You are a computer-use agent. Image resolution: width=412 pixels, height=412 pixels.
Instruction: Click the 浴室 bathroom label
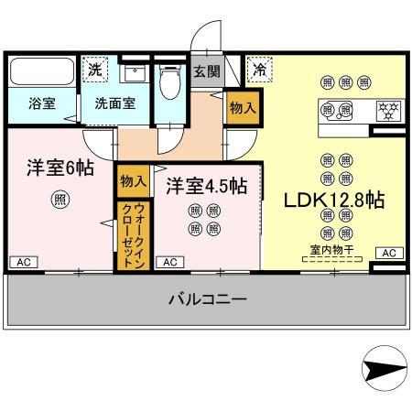[40, 103]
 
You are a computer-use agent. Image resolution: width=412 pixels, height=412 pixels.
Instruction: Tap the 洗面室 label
[115, 103]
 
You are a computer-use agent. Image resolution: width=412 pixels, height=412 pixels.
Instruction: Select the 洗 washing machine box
[95, 69]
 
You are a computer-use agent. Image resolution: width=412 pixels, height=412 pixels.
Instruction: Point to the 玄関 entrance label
[206, 71]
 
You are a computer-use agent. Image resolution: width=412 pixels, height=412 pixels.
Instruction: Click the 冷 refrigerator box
[260, 69]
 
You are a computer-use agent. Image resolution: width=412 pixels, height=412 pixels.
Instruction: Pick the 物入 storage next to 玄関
[242, 108]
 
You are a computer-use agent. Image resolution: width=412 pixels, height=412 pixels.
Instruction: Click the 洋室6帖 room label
[60, 169]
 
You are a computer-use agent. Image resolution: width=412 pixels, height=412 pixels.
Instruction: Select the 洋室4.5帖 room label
[206, 185]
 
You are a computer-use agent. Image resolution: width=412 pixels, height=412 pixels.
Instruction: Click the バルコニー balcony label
[207, 298]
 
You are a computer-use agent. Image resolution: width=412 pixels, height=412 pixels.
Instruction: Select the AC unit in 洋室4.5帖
[168, 263]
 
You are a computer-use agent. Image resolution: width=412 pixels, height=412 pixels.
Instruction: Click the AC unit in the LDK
[386, 253]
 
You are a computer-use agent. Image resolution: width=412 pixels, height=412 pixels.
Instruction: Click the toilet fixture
[168, 84]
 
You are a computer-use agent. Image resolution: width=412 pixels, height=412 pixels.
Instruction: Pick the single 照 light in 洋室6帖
[60, 203]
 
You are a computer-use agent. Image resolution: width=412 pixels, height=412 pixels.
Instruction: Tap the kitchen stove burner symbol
[386, 110]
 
